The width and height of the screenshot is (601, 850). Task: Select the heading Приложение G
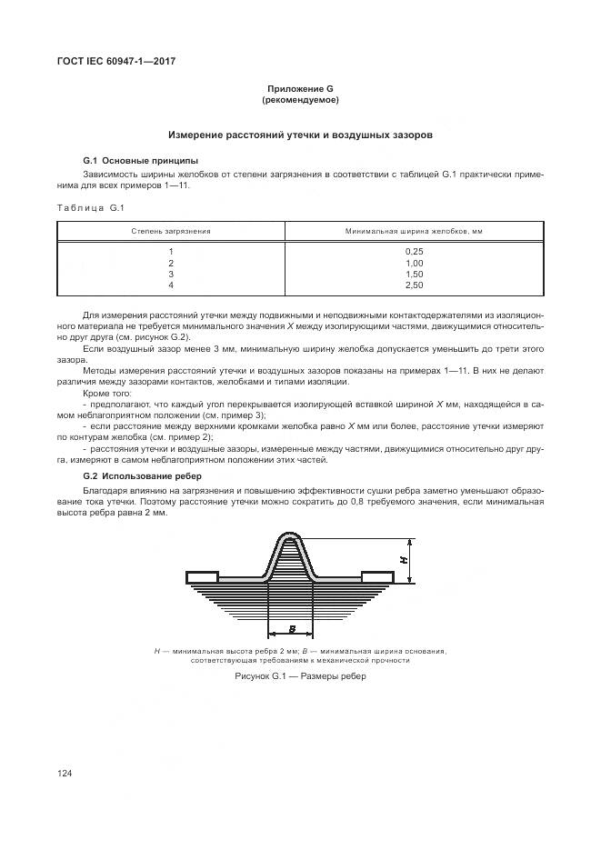pyautogui.click(x=300, y=88)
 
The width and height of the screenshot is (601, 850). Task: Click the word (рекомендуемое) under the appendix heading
pyautogui.click(x=300, y=99)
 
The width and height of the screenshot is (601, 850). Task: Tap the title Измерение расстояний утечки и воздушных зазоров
pyautogui.click(x=299, y=135)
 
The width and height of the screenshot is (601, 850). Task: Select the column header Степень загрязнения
pyautogui.click(x=171, y=232)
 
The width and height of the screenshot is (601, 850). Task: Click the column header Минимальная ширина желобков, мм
pyautogui.click(x=413, y=232)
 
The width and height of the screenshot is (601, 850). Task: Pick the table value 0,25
pyautogui.click(x=414, y=251)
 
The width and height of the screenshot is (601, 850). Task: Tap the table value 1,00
pyautogui.click(x=414, y=263)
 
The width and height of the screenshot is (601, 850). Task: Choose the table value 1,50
pyautogui.click(x=414, y=274)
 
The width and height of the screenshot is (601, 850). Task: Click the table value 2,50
pyautogui.click(x=414, y=285)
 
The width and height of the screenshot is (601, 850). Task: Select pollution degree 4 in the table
pyautogui.click(x=171, y=285)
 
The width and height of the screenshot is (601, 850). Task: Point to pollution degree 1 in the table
pyautogui.click(x=171, y=251)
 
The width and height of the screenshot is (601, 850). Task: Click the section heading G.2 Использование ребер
pyautogui.click(x=142, y=476)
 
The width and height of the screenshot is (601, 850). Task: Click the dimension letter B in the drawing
pyautogui.click(x=291, y=628)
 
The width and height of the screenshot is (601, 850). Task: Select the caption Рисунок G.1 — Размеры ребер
pyautogui.click(x=300, y=677)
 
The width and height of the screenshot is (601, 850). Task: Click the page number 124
pyautogui.click(x=65, y=773)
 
